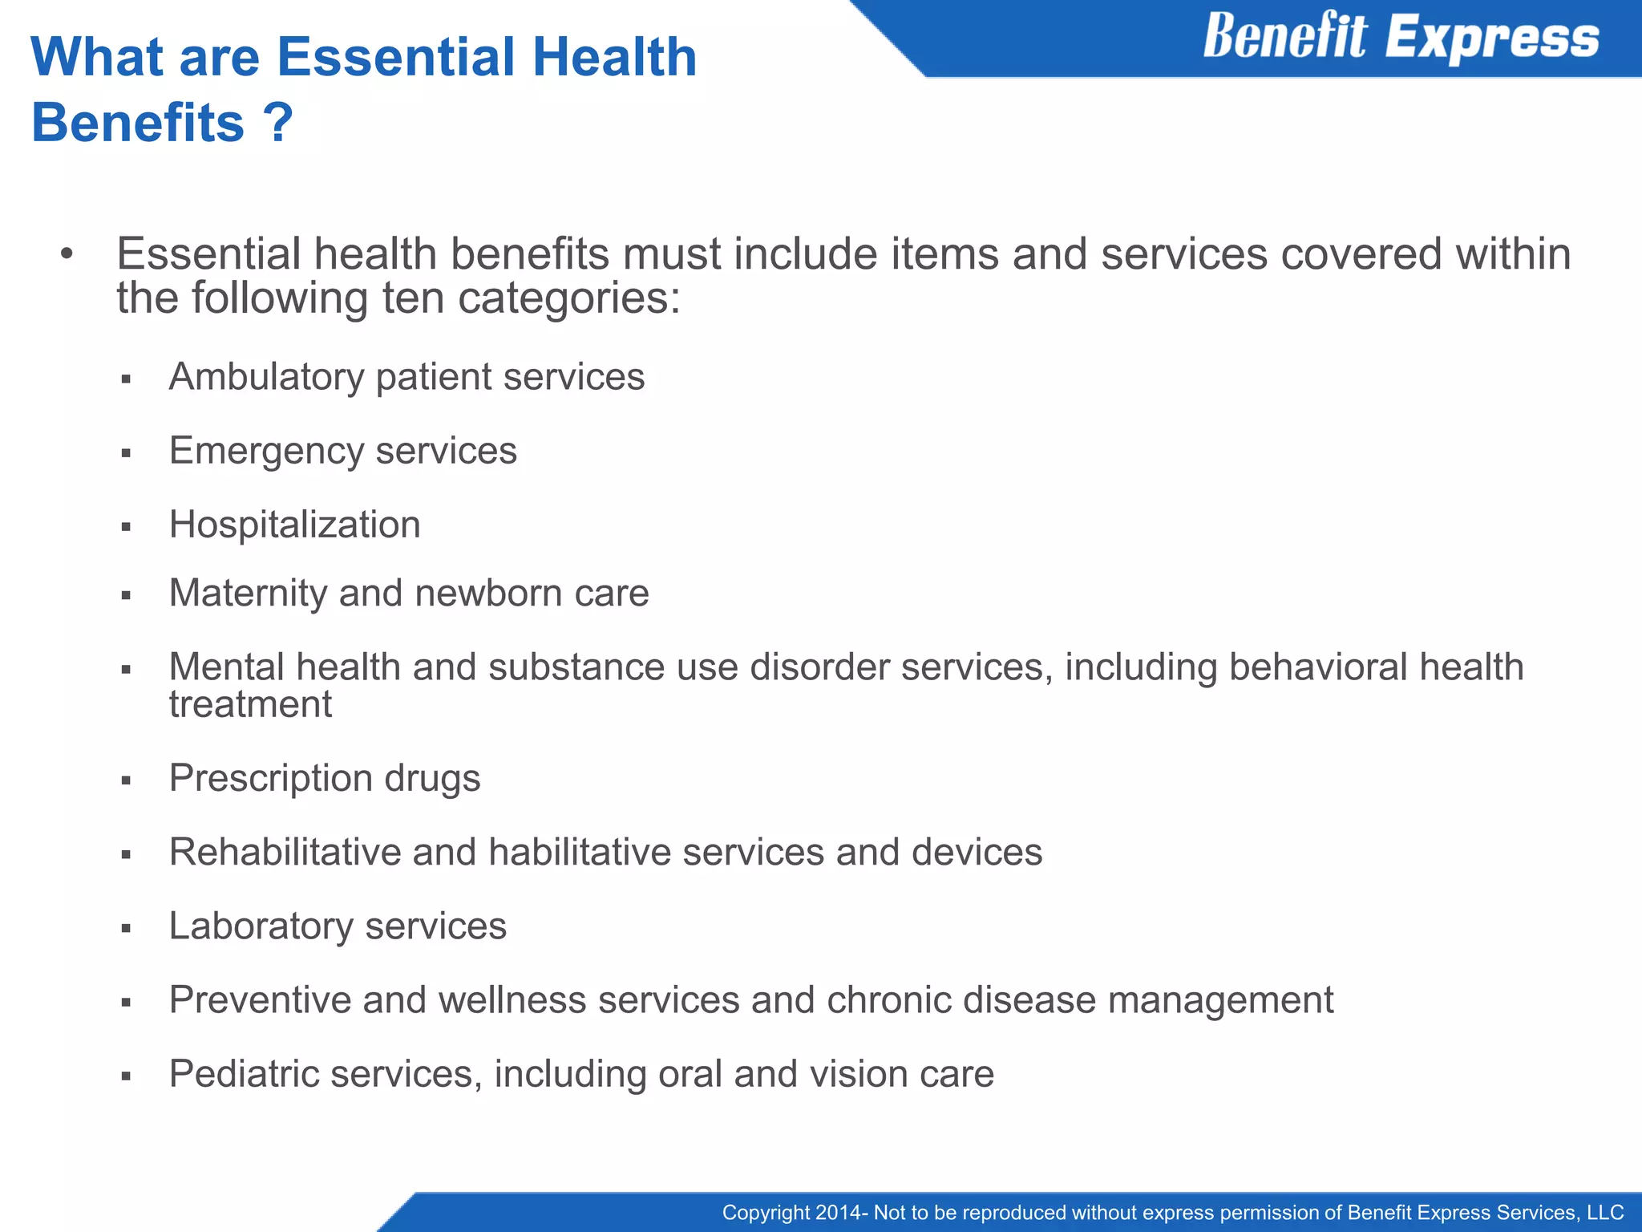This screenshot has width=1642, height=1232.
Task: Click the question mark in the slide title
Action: coord(277,123)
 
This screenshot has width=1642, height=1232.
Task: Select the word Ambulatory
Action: coord(266,377)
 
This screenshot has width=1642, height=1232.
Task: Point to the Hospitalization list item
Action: coord(294,525)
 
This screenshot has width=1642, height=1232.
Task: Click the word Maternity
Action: coord(247,594)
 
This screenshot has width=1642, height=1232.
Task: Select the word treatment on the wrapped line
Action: coord(250,705)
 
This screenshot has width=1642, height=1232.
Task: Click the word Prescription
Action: coord(270,778)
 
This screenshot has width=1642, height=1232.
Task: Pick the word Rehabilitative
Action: coord(285,852)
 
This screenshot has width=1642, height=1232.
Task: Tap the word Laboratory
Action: coord(261,926)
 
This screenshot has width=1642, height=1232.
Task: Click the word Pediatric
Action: coord(243,1074)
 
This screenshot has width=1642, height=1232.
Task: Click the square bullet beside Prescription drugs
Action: coord(126,780)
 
